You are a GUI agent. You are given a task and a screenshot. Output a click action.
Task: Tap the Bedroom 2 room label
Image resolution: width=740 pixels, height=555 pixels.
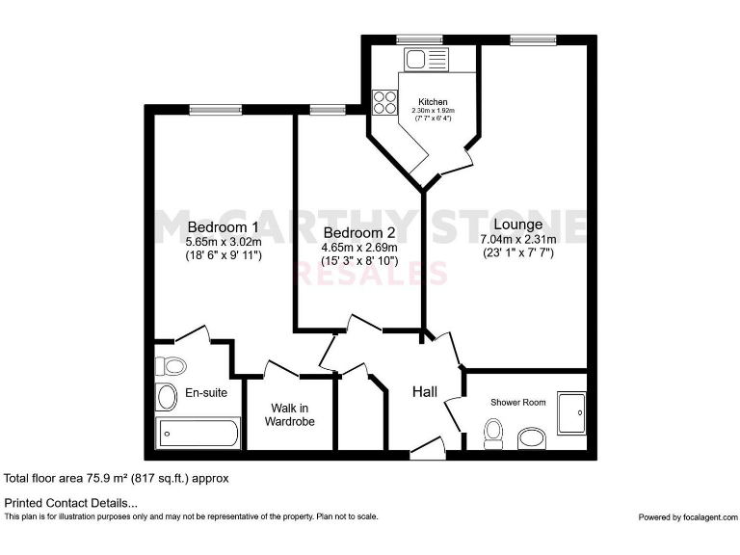pos(358,232)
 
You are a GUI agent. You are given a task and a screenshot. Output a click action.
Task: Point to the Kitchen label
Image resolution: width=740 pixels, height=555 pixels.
pos(433,102)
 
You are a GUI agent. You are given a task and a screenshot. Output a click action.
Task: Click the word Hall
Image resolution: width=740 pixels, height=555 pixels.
pos(425,392)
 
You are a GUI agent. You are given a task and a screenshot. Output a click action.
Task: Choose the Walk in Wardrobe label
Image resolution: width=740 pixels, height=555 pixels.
pos(290,414)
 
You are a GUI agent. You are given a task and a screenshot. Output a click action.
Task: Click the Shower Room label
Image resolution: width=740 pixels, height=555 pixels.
pos(519,402)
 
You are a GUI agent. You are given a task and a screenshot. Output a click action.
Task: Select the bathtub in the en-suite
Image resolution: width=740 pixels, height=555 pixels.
pos(197,433)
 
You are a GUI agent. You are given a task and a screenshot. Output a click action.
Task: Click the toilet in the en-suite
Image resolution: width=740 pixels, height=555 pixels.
pos(172,366)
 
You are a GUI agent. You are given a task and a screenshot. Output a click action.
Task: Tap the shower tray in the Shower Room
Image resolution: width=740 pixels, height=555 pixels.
pos(570,412)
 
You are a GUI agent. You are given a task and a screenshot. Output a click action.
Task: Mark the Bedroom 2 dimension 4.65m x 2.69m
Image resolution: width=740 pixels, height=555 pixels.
pos(358,248)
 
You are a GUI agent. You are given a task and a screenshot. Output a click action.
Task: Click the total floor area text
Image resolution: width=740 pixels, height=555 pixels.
pos(117,478)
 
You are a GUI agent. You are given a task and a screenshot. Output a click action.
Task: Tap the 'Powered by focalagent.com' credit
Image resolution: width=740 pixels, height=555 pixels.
pos(685,517)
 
